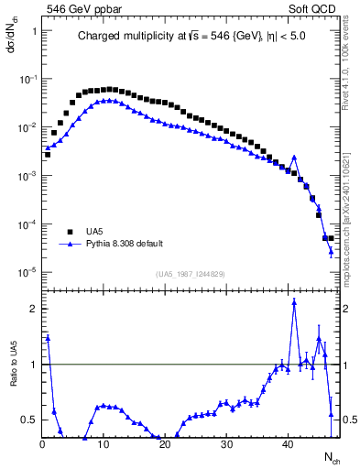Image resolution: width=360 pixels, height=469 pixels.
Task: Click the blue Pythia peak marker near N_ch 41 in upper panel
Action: [x=294, y=157]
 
